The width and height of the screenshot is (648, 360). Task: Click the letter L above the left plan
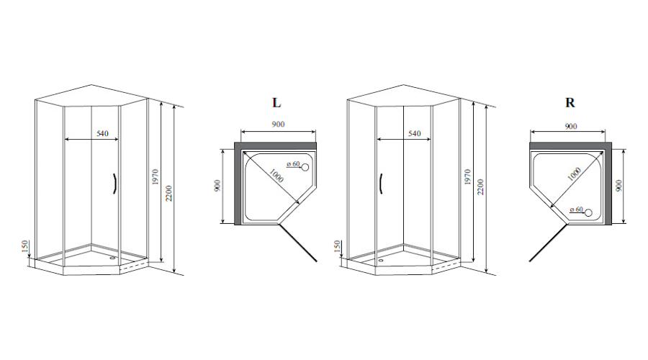(276, 102)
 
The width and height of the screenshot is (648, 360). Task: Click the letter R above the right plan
(570, 102)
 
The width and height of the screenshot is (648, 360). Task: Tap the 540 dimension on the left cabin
(102, 133)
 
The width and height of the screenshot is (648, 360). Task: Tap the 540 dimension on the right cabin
(415, 133)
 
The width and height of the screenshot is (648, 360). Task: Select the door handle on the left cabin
(113, 184)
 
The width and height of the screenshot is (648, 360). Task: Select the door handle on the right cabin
(381, 183)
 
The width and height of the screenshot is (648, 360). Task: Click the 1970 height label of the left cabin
(156, 177)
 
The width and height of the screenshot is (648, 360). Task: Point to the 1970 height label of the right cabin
(467, 177)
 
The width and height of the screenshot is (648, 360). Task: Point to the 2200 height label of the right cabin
(481, 187)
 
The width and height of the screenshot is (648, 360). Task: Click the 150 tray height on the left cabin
(24, 246)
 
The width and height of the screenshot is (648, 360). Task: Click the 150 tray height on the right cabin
(337, 246)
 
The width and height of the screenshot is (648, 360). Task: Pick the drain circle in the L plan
(305, 167)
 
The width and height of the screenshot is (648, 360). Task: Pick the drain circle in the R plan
(588, 213)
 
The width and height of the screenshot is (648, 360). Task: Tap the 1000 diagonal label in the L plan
(276, 176)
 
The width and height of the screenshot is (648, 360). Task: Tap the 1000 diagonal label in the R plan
(574, 174)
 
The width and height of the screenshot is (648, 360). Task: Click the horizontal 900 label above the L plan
(278, 124)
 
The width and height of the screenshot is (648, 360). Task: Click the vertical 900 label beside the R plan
(618, 185)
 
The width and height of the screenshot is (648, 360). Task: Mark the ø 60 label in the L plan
(293, 164)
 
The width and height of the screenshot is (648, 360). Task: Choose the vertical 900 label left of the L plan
(217, 185)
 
